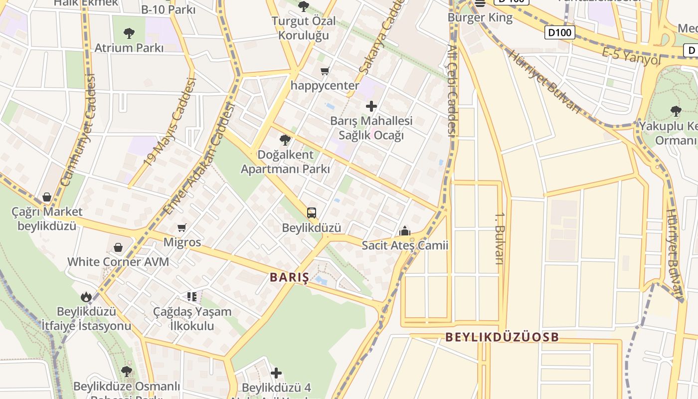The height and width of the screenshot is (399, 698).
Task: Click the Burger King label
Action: pyautogui.click(x=480, y=18)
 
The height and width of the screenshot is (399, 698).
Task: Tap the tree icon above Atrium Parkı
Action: pyautogui.click(x=129, y=33)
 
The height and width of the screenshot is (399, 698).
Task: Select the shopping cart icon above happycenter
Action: pyautogui.click(x=325, y=71)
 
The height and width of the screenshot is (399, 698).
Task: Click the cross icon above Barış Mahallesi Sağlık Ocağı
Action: pyautogui.click(x=371, y=106)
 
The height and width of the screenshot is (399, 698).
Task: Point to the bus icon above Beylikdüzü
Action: pyautogui.click(x=312, y=213)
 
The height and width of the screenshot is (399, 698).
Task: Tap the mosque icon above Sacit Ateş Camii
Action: pyautogui.click(x=405, y=231)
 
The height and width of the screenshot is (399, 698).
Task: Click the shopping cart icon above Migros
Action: pyautogui.click(x=182, y=227)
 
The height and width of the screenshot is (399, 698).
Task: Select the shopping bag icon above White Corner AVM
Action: pyautogui.click(x=118, y=247)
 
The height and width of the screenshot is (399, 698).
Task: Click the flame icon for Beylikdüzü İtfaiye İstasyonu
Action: pyautogui.click(x=86, y=297)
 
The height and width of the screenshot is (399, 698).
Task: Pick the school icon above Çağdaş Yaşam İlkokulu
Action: pyautogui.click(x=192, y=297)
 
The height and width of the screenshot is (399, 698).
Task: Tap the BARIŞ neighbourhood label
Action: pyautogui.click(x=289, y=278)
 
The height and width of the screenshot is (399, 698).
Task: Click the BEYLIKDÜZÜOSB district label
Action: pyautogui.click(x=502, y=337)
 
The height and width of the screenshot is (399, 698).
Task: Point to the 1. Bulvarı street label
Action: pyautogui.click(x=499, y=244)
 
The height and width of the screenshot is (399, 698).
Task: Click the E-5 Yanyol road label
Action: pyautogui.click(x=631, y=56)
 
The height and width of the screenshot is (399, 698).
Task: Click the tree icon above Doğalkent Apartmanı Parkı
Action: pyautogui.click(x=285, y=140)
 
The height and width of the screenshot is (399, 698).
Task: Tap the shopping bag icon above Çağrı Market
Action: pyautogui.click(x=47, y=197)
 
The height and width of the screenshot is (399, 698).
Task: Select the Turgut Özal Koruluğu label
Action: pyautogui.click(x=304, y=28)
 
